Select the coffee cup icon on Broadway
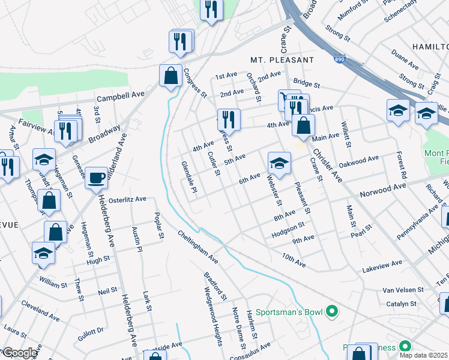96,178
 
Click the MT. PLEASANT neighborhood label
282,60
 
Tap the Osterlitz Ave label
127,199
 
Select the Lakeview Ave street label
382,263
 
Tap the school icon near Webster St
279,162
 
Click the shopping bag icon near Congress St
170,76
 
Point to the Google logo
20,353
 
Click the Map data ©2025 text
424,355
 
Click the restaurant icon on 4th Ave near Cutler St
228,119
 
